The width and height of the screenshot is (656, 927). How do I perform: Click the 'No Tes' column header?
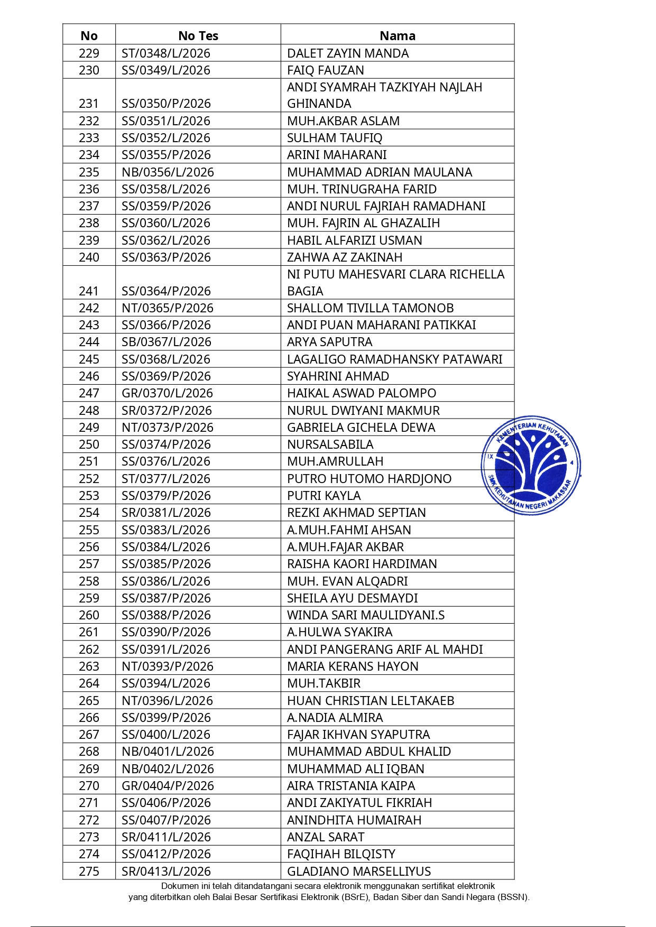(198, 36)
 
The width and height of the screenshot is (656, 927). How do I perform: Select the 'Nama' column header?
(398, 36)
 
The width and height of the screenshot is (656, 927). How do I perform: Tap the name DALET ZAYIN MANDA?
(348, 53)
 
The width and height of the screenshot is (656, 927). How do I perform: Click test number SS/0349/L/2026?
(166, 70)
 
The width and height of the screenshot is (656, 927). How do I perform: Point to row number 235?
(89, 172)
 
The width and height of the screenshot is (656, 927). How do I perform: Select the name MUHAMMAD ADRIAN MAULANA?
(380, 172)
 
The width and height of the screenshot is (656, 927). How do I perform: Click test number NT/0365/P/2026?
(168, 308)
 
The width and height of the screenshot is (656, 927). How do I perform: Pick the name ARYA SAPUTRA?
(330, 342)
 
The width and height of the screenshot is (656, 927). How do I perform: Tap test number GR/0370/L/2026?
(168, 393)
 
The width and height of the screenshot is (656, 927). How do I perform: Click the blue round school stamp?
(531, 465)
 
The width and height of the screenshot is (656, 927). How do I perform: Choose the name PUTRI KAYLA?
(324, 496)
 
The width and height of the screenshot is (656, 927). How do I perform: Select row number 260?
(89, 615)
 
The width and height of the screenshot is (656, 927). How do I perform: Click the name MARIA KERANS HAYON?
(353, 666)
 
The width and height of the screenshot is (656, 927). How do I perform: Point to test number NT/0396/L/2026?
(168, 701)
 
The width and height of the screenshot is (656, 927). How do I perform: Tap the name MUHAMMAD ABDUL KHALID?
(369, 752)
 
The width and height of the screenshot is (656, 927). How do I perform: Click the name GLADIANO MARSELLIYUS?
(359, 872)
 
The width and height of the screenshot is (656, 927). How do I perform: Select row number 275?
(89, 872)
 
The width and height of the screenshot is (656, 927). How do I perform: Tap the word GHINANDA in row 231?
(319, 104)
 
